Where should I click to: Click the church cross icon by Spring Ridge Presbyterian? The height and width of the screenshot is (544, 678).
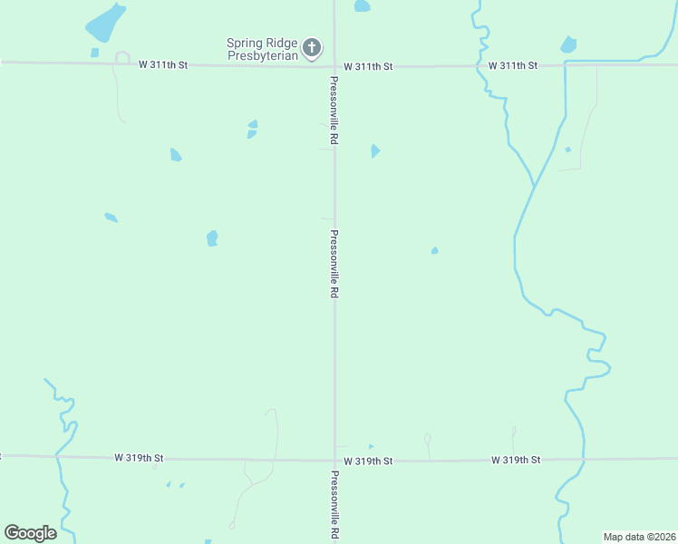coord(312,47)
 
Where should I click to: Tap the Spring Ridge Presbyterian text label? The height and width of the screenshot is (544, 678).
coord(263,49)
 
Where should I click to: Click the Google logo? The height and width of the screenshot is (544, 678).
coord(30,533)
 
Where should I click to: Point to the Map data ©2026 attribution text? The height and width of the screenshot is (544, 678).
coord(639,537)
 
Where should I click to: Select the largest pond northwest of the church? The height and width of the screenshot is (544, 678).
coord(106,22)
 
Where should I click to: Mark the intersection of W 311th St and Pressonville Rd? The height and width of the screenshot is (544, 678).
coord(334,65)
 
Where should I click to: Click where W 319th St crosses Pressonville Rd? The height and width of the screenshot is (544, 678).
coord(334,460)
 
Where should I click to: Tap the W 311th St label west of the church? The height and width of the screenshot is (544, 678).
coord(163,64)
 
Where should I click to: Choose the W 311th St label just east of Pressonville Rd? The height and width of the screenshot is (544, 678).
coord(368,66)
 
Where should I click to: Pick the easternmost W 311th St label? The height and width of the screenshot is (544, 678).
coord(513,65)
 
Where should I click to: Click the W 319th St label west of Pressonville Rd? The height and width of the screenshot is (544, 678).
coord(139,459)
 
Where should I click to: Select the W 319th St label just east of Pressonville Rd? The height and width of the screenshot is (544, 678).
coord(369,461)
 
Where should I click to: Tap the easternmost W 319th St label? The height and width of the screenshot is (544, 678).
coord(516,460)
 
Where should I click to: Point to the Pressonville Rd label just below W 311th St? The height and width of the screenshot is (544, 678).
coord(334,111)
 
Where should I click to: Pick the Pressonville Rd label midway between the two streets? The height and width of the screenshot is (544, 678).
coord(334,264)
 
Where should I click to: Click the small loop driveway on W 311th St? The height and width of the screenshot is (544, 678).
coord(121,58)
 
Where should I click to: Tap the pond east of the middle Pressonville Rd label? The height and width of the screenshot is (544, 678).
coord(435,250)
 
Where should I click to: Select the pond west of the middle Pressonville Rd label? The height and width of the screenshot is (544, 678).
coord(212,238)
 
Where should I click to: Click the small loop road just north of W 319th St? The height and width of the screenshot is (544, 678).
coord(427,440)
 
